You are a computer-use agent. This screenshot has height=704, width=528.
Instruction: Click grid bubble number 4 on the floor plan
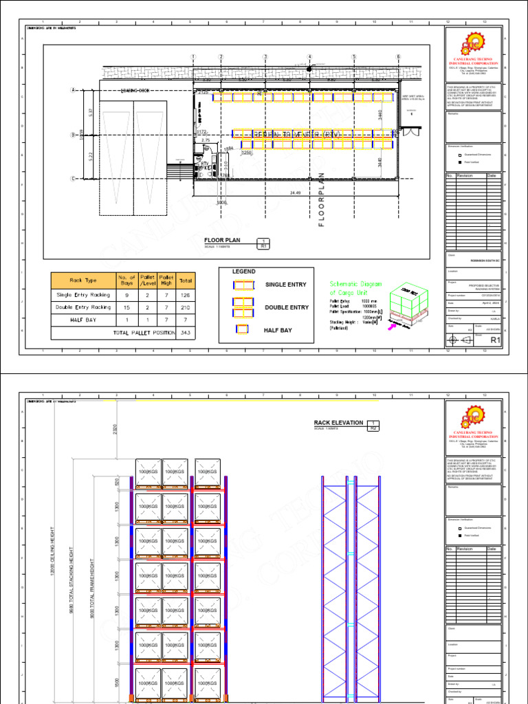click(x=309, y=57)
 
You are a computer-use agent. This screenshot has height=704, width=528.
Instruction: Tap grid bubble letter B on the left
click(x=73, y=135)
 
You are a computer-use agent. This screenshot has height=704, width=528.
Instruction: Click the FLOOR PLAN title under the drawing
click(x=224, y=240)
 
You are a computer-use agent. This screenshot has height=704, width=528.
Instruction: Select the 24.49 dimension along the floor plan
click(x=296, y=193)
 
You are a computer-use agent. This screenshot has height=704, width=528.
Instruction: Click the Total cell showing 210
click(x=186, y=307)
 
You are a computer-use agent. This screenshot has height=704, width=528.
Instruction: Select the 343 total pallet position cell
click(x=186, y=333)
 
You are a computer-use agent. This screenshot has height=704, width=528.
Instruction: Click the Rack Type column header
click(x=82, y=280)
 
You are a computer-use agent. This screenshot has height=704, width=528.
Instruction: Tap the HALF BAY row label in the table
click(x=82, y=320)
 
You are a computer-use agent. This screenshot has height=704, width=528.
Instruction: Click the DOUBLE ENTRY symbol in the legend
click(x=243, y=307)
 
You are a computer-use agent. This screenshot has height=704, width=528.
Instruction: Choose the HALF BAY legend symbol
click(x=243, y=330)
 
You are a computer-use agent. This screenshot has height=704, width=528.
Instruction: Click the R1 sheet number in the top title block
click(x=494, y=340)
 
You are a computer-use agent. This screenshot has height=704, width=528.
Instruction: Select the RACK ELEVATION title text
click(x=338, y=423)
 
